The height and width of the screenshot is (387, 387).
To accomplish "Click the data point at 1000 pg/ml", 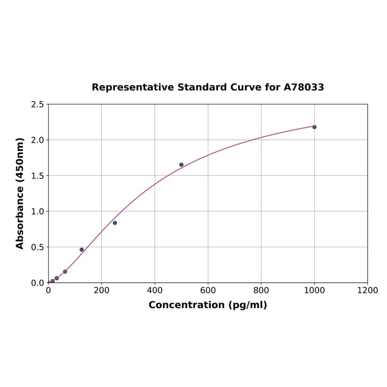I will (314, 127).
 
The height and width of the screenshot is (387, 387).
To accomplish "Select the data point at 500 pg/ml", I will (181, 165).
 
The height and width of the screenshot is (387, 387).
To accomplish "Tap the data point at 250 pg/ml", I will (114, 223).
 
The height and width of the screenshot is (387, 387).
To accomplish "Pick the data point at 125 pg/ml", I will (82, 250).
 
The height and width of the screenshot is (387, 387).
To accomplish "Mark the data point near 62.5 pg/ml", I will (65, 272).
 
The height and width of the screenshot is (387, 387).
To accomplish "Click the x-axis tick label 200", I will (101, 290).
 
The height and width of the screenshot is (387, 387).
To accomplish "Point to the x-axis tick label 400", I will (154, 290).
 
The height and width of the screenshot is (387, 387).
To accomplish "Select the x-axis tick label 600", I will (208, 290).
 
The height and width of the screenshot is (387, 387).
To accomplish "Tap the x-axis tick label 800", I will (261, 290).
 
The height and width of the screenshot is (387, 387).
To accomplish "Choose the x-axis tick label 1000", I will (314, 290).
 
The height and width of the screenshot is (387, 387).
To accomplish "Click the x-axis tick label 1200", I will (367, 290).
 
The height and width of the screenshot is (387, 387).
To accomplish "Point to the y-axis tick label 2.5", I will (37, 104).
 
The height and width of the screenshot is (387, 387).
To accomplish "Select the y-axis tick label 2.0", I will (37, 140).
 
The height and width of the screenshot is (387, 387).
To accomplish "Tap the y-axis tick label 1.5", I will (37, 176).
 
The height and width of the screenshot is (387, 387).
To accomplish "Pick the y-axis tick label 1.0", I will (37, 211).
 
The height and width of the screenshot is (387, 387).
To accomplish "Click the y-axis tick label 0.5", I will (37, 247).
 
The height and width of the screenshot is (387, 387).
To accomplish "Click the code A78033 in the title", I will (303, 87).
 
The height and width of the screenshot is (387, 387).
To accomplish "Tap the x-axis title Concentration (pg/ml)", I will (208, 305).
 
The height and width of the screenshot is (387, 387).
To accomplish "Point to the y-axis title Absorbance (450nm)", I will (20, 193).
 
